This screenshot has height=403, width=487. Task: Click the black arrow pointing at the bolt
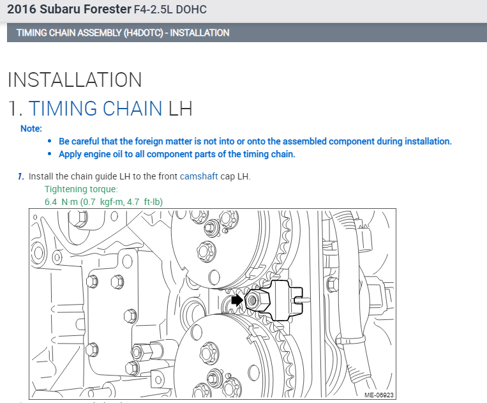(x=237, y=300)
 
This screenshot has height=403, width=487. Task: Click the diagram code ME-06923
(x=379, y=395)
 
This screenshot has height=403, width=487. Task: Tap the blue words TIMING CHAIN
(x=95, y=109)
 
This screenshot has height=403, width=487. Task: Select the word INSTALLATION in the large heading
(x=75, y=80)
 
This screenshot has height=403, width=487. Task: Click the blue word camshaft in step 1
(x=199, y=176)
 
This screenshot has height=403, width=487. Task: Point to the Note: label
(x=31, y=128)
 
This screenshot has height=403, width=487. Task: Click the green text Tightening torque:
(x=81, y=189)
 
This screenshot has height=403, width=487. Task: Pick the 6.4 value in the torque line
(x=50, y=202)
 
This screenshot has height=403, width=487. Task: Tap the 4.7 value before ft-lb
(x=133, y=202)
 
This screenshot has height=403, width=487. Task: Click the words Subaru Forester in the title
(x=86, y=10)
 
